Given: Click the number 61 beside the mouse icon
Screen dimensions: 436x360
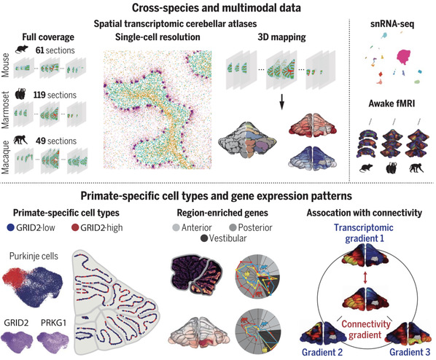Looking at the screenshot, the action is click(40, 50).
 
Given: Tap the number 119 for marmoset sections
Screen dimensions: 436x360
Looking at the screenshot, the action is click(39, 95).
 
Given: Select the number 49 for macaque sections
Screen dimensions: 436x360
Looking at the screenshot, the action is click(41, 141).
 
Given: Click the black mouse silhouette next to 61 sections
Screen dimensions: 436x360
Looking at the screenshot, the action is click(22, 50).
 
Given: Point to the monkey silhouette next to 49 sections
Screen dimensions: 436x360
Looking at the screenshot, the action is click(21, 139).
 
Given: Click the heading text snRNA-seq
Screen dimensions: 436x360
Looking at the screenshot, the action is click(392, 24).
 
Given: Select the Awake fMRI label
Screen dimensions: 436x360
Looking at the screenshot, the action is click(392, 103).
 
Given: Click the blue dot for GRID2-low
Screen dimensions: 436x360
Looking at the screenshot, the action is click(10, 227).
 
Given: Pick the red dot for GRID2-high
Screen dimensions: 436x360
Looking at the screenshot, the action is click(75, 227).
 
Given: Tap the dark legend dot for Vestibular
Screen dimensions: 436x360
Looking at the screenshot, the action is click(204, 238).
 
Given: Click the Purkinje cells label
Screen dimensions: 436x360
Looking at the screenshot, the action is click(34, 256).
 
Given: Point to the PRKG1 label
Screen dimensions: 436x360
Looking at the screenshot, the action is click(54, 323).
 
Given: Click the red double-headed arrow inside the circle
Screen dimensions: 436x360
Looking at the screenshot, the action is click(365, 278).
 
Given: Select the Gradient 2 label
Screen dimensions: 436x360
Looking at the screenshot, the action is click(322, 352).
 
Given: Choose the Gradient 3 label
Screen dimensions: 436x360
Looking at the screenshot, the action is click(410, 352).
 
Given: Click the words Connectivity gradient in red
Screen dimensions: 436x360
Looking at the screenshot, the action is click(366, 329).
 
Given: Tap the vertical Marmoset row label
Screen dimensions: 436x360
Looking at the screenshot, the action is click(5, 110).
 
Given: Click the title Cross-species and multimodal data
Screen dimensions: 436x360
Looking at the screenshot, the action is click(217, 7).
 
